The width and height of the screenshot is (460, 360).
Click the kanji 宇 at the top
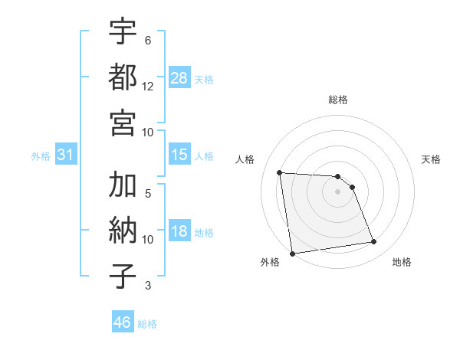123,31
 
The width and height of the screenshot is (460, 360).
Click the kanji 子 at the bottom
123,277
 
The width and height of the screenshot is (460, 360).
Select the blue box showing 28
179,78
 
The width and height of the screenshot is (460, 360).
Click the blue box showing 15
179,155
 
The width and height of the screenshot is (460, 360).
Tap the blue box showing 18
179,231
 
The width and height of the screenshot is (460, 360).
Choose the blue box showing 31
66,155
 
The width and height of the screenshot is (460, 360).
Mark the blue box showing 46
123,322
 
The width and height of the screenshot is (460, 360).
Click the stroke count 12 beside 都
148,86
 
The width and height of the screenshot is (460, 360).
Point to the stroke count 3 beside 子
148,286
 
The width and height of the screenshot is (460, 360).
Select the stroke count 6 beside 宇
148,39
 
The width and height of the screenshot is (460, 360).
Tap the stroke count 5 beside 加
148,193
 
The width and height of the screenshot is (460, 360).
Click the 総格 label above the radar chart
338,100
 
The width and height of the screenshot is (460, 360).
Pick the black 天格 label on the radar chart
432,159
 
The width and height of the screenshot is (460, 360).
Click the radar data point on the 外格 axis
291,254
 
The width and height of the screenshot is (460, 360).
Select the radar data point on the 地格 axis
374,242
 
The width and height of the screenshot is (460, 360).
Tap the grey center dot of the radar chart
338,191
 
